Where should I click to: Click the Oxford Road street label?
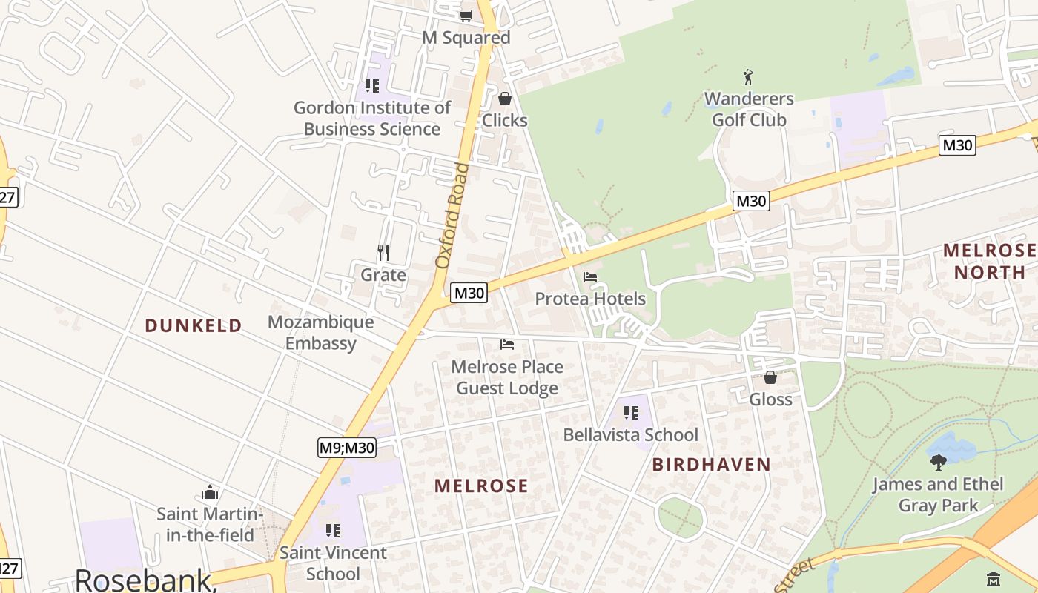[453, 215]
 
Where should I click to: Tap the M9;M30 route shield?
[347, 448]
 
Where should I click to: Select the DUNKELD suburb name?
[194, 325]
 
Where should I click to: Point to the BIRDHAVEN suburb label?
[712, 465]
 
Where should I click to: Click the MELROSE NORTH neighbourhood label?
[989, 261]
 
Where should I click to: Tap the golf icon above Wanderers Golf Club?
[748, 76]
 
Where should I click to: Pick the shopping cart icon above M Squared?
[466, 16]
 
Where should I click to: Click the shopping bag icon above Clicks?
[505, 99]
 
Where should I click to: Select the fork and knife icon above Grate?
[383, 253]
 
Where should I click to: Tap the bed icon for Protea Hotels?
[590, 277]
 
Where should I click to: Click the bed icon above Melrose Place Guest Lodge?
[507, 345]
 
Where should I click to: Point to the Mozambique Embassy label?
[320, 333]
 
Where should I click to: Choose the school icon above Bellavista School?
[630, 413]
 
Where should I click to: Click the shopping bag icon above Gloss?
[770, 377]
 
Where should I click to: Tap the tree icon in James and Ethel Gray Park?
[939, 463]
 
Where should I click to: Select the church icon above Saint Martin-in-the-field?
[210, 493]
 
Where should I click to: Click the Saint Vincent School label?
[333, 563]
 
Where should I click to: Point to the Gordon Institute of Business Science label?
[372, 118]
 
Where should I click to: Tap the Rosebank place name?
[145, 579]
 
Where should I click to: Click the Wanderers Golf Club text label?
[749, 109]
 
